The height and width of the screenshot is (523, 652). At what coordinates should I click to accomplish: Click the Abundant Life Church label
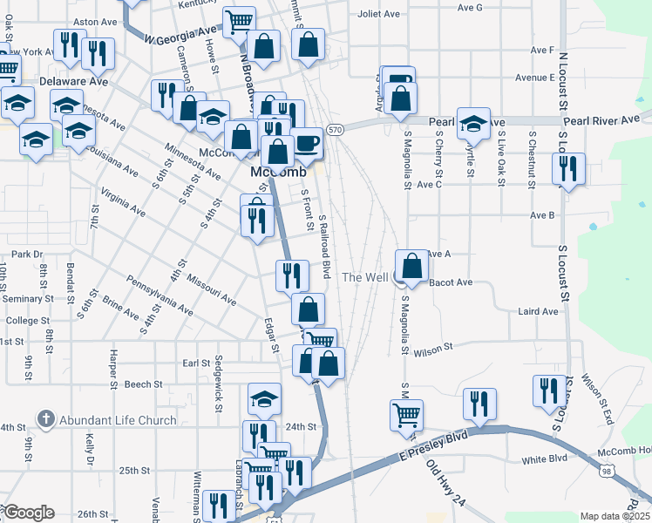(x=118, y=420)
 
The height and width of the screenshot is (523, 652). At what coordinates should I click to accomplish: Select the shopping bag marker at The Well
(x=412, y=266)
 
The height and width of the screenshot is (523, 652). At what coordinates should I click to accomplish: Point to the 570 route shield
(x=335, y=130)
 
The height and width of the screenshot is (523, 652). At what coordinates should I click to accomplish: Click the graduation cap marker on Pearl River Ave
(x=473, y=124)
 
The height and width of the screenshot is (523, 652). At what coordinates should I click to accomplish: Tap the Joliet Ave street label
(x=378, y=14)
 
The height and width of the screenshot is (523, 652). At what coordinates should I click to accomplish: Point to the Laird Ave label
(x=537, y=311)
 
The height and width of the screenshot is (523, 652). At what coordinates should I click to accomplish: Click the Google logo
(x=27, y=513)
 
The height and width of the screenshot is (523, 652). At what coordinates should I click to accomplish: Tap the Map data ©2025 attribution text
(x=615, y=516)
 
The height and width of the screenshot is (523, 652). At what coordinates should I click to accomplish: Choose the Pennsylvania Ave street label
(x=160, y=295)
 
